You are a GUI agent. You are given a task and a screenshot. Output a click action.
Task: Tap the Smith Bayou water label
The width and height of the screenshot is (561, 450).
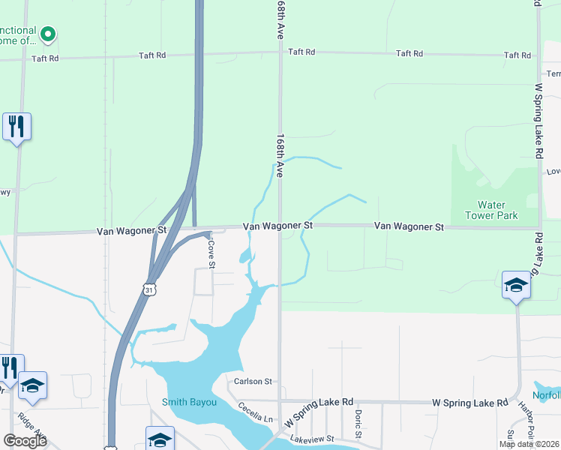tap(189, 402)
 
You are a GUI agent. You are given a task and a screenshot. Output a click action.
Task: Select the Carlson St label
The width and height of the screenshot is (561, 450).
tap(251, 381)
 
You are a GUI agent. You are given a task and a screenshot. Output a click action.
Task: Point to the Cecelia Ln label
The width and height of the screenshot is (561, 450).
tap(256, 413)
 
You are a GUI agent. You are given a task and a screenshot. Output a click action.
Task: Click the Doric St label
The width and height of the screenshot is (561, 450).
tap(358, 424)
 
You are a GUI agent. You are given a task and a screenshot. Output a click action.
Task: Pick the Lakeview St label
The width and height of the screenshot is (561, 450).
tap(312, 437)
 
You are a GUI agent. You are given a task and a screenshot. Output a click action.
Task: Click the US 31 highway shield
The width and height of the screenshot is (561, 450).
tap(150, 289)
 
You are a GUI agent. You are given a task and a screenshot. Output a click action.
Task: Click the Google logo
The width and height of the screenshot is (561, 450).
tap(25, 440)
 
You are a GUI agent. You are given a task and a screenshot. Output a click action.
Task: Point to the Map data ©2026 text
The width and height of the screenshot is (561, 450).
tap(528, 444)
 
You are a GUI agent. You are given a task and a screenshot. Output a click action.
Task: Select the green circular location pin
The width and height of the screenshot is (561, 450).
tap(48, 33)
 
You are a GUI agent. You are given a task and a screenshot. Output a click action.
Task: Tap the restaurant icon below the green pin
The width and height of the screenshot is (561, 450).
tap(16, 125)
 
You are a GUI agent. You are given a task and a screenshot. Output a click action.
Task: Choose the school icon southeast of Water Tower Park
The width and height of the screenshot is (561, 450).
tap(516, 285)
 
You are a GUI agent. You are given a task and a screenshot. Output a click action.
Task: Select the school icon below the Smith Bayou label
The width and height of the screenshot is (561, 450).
tap(160, 439)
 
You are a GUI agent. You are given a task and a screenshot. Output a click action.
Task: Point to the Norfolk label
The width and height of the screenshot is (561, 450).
tap(546, 396)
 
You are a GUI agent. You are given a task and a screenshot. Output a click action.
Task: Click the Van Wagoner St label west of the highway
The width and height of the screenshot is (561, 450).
tap(131, 232)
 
